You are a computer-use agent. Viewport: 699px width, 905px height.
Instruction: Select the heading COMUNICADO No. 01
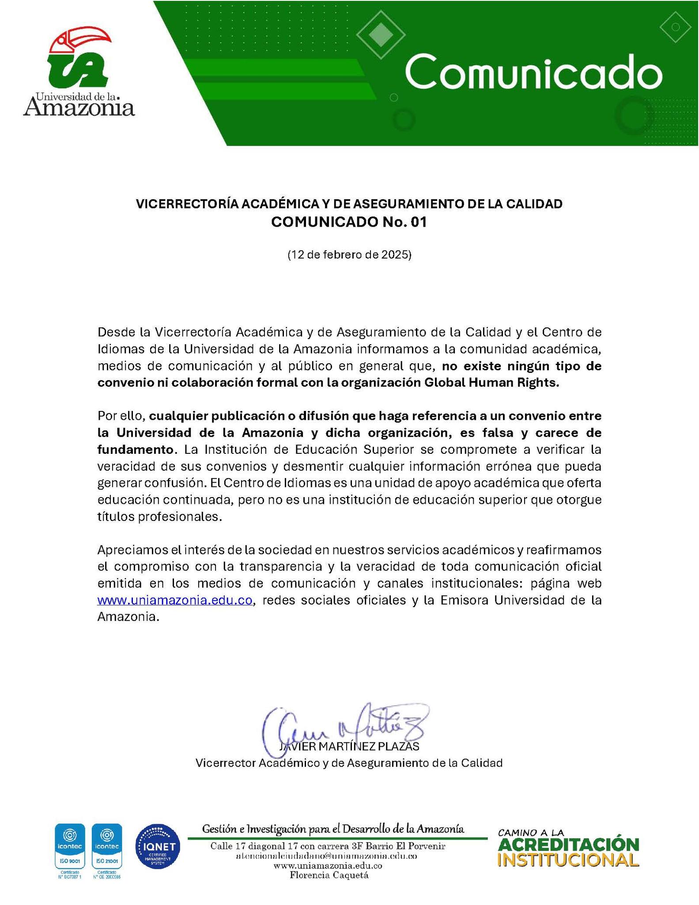coord(349,222)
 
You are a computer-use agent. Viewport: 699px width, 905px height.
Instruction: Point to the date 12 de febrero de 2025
coord(349,255)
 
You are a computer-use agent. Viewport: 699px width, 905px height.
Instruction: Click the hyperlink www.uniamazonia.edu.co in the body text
coord(174,600)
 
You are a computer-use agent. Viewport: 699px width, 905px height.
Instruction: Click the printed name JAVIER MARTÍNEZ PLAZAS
coord(349,746)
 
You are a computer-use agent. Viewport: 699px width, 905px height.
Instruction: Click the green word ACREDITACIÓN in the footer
coord(569,845)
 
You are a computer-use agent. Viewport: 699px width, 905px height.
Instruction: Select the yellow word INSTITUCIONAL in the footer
coord(569,860)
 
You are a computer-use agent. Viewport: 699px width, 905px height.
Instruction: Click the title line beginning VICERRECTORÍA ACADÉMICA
coord(349,204)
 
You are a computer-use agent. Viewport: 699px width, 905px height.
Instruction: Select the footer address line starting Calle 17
coord(328,846)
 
